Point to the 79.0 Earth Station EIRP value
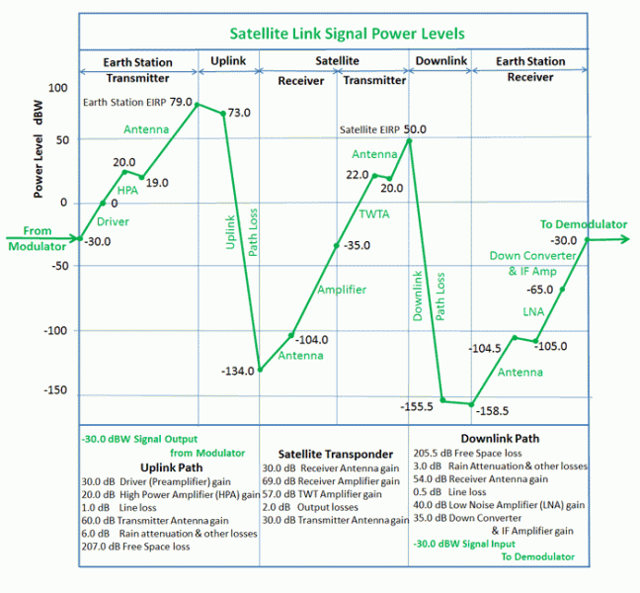pyautogui.click(x=182, y=101)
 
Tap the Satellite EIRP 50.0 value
pyautogui.click(x=416, y=128)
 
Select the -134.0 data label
pyautogui.click(x=238, y=371)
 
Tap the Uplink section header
pyautogui.click(x=229, y=61)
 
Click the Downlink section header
pyautogui.click(x=440, y=61)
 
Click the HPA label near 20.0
pyautogui.click(x=127, y=190)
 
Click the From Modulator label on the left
pyautogui.click(x=36, y=238)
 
